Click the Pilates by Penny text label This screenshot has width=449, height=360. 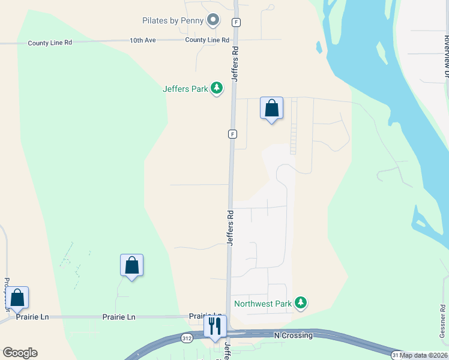tap(173, 20)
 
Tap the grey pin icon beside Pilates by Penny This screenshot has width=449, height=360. tap(212, 20)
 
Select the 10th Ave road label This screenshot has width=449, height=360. tap(142, 40)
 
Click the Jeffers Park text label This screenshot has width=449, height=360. tap(185, 89)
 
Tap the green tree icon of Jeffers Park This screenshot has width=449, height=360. tap(217, 89)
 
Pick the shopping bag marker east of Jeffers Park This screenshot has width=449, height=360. tap(271, 109)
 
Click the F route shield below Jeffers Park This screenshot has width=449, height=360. tap(232, 134)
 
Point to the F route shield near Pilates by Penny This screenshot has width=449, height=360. tap(237, 22)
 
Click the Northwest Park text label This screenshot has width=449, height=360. tap(262, 304)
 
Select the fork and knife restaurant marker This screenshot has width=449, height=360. tap(215, 326)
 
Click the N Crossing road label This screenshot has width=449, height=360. tap(293, 335)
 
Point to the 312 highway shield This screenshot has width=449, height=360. tap(188, 338)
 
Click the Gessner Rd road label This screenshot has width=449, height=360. tap(443, 323)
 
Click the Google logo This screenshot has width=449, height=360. tap(20, 352)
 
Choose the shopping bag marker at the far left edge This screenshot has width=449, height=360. tap(17, 298)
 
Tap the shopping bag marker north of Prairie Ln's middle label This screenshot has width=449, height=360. tap(131, 265)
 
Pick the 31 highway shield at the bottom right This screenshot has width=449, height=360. tap(396, 355)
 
